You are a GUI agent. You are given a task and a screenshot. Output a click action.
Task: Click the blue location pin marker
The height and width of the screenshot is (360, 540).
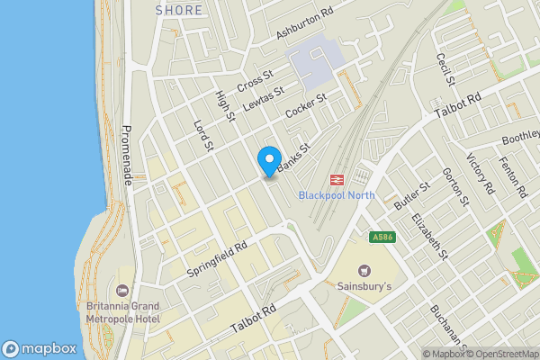pyautogui.click(x=268, y=159)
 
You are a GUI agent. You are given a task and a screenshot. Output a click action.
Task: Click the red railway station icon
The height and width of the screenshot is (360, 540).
pyautogui.click(x=339, y=179)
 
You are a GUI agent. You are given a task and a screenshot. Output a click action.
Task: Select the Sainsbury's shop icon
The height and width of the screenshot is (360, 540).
pyautogui.click(x=364, y=270)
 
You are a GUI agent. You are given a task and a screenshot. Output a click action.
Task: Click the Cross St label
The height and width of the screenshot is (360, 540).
pyautogui.click(x=255, y=81)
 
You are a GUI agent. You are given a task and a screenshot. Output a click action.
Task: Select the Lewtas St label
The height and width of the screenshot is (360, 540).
pyautogui.click(x=266, y=98)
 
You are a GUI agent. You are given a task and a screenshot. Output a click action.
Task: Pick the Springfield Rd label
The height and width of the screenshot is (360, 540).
pyautogui.click(x=217, y=257)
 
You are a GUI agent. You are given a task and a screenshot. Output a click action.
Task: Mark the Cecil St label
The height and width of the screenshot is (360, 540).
pyautogui.click(x=444, y=70)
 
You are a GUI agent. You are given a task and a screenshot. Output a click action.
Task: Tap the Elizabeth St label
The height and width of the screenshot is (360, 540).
pyautogui.click(x=429, y=236)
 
